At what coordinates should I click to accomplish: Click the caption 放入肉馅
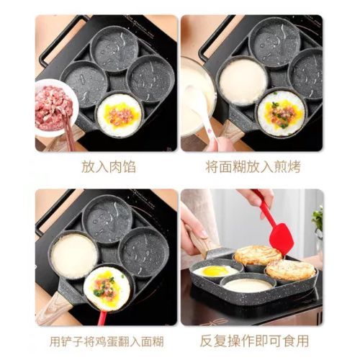click(x=109, y=167)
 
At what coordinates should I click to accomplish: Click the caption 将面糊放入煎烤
click(x=253, y=167)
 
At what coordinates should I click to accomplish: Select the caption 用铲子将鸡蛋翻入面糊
click(x=107, y=341)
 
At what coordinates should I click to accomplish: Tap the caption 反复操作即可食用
click(x=254, y=341)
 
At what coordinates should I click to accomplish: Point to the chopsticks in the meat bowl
click(x=68, y=132)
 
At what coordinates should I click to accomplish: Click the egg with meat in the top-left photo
click(x=120, y=114)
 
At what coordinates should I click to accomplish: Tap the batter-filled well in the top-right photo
click(x=243, y=82)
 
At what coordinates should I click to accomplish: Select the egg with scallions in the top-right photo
click(x=281, y=113)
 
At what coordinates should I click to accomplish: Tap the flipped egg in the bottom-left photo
click(x=107, y=288)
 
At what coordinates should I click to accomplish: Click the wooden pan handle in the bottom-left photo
click(x=54, y=308)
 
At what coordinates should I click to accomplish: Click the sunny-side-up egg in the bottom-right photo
click(x=215, y=271)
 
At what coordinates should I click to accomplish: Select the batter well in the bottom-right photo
click(x=248, y=285)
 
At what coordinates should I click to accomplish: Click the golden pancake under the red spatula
click(x=258, y=255)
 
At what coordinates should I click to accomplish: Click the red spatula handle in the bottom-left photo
click(x=102, y=318)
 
